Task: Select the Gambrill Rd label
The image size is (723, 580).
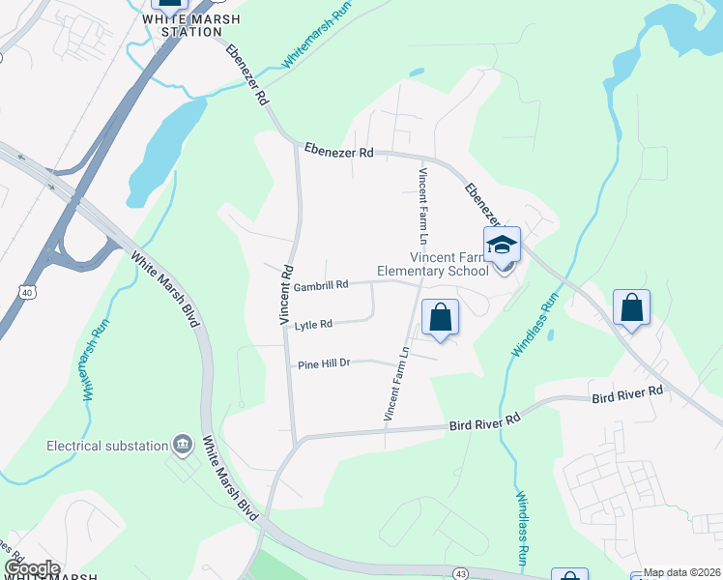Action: (320, 286)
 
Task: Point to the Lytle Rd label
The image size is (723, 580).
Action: (313, 325)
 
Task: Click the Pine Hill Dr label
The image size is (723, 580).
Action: (322, 363)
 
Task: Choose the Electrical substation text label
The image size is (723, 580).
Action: (107, 446)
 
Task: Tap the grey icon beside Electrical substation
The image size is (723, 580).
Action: (182, 445)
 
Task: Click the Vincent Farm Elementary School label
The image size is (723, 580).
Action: (449, 264)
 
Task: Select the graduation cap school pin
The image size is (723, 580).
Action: (502, 246)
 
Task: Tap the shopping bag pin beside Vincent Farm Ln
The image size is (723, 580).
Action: (440, 317)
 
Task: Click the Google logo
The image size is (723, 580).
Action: (32, 568)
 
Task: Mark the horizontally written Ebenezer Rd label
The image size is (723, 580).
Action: (338, 152)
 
